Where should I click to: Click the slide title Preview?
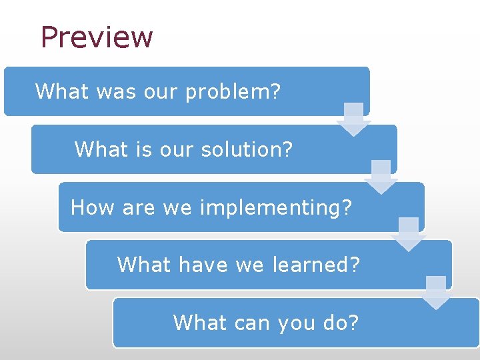point(97,37)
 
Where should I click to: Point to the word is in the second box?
point(144,149)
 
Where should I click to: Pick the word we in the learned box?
point(250,265)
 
